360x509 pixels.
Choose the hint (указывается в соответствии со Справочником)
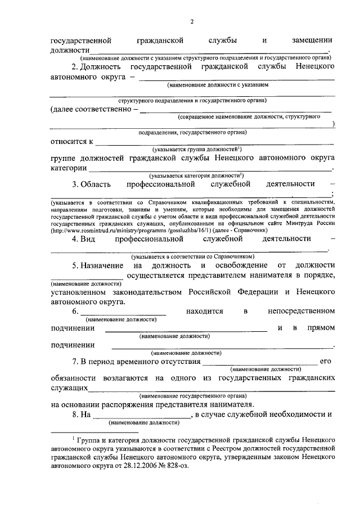191,255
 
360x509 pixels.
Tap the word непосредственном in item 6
302,310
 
